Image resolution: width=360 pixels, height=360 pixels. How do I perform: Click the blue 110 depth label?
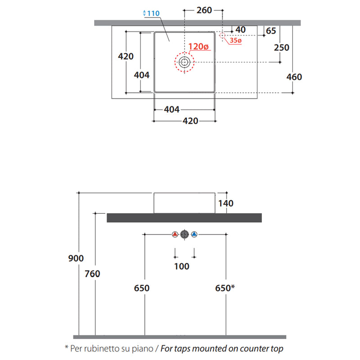click(x=153, y=13)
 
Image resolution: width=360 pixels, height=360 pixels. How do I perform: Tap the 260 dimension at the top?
click(x=204, y=10)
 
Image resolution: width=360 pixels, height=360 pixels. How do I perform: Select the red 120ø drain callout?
click(x=198, y=46)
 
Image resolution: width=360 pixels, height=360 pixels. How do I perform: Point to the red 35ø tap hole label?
click(x=235, y=40)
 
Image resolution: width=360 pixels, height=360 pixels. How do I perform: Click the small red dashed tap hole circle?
click(x=222, y=36)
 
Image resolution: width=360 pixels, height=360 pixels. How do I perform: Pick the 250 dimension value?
click(x=282, y=48)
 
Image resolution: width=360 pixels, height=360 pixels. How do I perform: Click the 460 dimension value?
click(x=294, y=77)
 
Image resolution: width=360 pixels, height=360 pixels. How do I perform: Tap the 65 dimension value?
click(x=271, y=31)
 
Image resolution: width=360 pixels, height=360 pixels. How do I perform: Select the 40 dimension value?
click(x=240, y=30)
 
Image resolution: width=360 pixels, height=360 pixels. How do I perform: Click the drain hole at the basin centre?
click(x=184, y=62)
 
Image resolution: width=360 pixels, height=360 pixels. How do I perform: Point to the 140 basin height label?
click(x=226, y=203)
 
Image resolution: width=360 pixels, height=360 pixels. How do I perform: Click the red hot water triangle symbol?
click(x=175, y=234)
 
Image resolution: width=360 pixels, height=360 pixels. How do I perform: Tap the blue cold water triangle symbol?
click(x=194, y=234)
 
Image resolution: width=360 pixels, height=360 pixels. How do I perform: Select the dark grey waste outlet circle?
click(x=184, y=234)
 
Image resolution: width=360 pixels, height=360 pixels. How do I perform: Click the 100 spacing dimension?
click(x=182, y=266)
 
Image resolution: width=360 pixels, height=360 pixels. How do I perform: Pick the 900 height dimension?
click(x=76, y=258)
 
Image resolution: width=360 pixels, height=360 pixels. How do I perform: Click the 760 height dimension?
click(x=92, y=274)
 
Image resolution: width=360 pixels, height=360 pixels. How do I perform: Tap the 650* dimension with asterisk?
click(x=225, y=288)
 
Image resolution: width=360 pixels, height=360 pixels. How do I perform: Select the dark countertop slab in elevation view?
click(x=184, y=218)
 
